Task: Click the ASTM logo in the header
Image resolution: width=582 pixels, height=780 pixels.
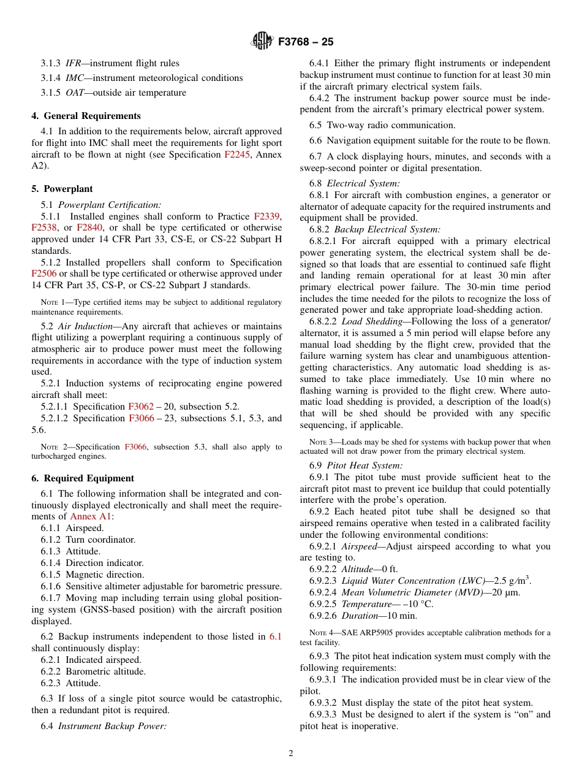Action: pyautogui.click(x=262, y=42)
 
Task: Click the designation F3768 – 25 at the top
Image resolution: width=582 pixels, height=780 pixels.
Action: pyautogui.click(x=306, y=42)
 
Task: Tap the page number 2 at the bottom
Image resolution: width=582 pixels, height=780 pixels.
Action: pyautogui.click(x=291, y=754)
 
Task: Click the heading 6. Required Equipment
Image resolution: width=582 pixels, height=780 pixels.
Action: pyautogui.click(x=82, y=478)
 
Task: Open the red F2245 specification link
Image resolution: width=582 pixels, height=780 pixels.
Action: pyautogui.click(x=237, y=155)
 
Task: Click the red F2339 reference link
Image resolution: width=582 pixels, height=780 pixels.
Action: pyautogui.click(x=267, y=216)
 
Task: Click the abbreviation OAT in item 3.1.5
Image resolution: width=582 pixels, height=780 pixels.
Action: pyautogui.click(x=75, y=93)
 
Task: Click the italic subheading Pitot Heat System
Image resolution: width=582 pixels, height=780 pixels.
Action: pyautogui.click(x=365, y=465)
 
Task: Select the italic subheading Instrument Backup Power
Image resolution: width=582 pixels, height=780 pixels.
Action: pyautogui.click(x=112, y=727)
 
